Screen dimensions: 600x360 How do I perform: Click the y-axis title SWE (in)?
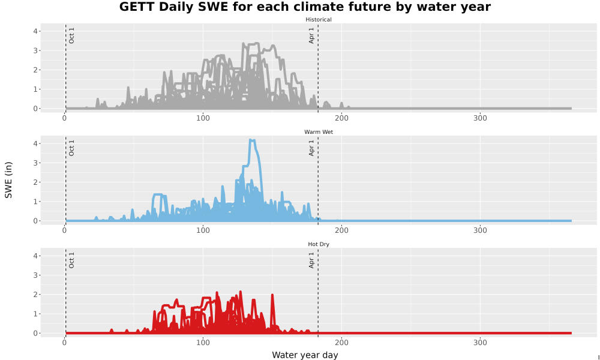pyautogui.click(x=8, y=180)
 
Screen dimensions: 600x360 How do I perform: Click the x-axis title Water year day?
pyautogui.click(x=305, y=355)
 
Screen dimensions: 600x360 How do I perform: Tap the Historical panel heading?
pyautogui.click(x=319, y=20)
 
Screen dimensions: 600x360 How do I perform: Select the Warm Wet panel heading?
pyautogui.click(x=319, y=132)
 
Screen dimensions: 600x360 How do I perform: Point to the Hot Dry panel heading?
pyautogui.click(x=319, y=244)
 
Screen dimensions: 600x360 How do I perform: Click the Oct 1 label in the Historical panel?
pyautogui.click(x=71, y=35)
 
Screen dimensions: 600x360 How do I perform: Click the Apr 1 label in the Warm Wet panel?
pyautogui.click(x=311, y=148)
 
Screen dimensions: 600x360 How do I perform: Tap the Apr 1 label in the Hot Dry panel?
pyautogui.click(x=311, y=260)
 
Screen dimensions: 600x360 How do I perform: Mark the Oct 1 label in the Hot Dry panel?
pyautogui.click(x=71, y=260)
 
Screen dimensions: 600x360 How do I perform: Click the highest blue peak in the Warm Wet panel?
pyautogui.click(x=252, y=140)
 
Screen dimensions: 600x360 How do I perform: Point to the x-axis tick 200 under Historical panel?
pyautogui.click(x=341, y=118)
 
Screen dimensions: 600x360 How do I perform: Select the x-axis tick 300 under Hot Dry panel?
pyautogui.click(x=480, y=343)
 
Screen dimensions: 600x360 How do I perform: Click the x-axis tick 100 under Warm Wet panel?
pyautogui.click(x=203, y=230)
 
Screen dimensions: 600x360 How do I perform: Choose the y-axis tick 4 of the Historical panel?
pyautogui.click(x=35, y=31)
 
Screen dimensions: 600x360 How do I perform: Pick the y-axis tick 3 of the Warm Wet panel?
pyautogui.click(x=35, y=163)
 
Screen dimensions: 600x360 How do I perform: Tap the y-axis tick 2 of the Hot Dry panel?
pyautogui.click(x=35, y=295)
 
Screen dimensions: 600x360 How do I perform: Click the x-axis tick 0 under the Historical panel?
pyautogui.click(x=64, y=118)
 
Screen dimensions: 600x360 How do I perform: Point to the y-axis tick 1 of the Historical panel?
pyautogui.click(x=35, y=89)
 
